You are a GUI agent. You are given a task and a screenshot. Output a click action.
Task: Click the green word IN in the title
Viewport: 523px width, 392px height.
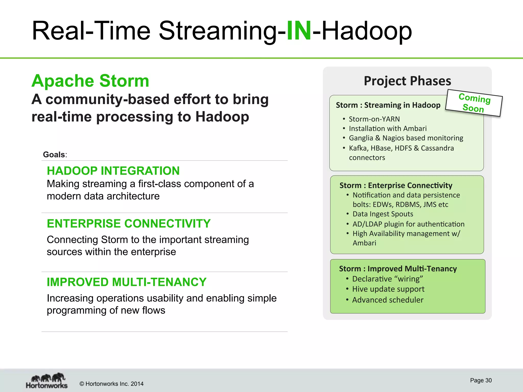click(299, 31)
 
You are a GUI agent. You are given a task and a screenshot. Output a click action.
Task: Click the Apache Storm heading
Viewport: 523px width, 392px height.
click(90, 81)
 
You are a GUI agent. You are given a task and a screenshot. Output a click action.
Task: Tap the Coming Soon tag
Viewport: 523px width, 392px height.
click(474, 103)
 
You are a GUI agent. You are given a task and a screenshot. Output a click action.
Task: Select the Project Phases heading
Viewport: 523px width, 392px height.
click(407, 81)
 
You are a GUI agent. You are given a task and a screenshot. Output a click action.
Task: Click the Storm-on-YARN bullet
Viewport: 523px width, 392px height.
click(374, 119)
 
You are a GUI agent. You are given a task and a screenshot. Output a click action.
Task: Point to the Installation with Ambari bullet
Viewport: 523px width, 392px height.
click(388, 129)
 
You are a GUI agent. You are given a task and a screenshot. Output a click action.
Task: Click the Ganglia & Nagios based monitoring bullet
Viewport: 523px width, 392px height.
click(406, 138)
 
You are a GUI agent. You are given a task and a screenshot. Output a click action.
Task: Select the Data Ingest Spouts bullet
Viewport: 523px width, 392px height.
click(383, 214)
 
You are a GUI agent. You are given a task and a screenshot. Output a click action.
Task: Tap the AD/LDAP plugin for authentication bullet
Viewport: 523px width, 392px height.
click(408, 224)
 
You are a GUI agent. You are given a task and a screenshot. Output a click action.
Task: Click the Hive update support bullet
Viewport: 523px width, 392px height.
click(388, 289)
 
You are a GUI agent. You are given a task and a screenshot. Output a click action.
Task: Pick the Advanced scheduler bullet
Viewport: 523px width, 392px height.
click(388, 300)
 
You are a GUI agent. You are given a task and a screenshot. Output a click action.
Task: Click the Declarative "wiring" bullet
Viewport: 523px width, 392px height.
click(387, 279)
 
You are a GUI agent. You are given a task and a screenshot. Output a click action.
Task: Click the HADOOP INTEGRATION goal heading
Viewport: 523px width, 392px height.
click(113, 171)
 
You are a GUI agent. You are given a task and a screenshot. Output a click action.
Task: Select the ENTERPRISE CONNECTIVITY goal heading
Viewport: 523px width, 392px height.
click(129, 224)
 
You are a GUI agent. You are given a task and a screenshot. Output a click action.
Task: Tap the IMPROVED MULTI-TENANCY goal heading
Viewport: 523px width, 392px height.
click(126, 282)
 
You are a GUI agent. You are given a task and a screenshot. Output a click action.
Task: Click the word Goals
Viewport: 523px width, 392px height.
click(54, 155)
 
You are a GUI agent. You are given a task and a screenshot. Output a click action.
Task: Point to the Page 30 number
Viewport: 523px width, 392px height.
click(481, 380)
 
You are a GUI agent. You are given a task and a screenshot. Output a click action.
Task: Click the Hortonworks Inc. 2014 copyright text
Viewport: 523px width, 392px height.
click(112, 384)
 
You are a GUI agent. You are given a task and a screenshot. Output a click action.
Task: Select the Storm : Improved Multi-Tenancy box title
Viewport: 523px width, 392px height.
click(398, 269)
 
